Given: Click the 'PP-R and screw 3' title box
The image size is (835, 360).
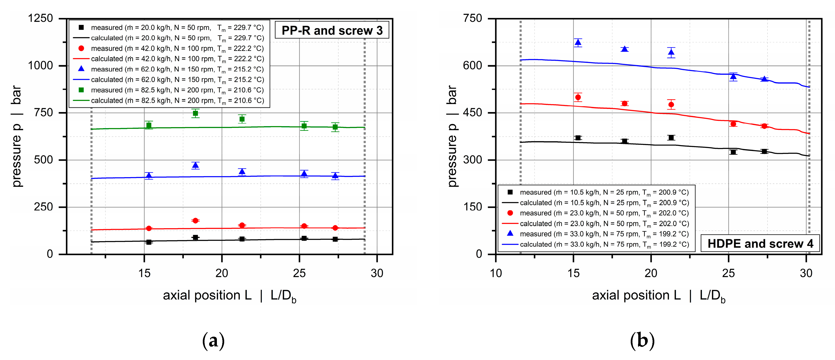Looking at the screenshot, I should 332,30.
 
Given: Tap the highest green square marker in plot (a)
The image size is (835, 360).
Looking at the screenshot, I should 196,113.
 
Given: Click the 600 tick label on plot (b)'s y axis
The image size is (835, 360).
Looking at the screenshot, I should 472,66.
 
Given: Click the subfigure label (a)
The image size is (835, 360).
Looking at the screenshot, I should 213,341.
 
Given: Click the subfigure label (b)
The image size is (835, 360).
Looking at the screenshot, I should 642,341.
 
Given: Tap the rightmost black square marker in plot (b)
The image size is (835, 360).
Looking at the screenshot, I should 764,151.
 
